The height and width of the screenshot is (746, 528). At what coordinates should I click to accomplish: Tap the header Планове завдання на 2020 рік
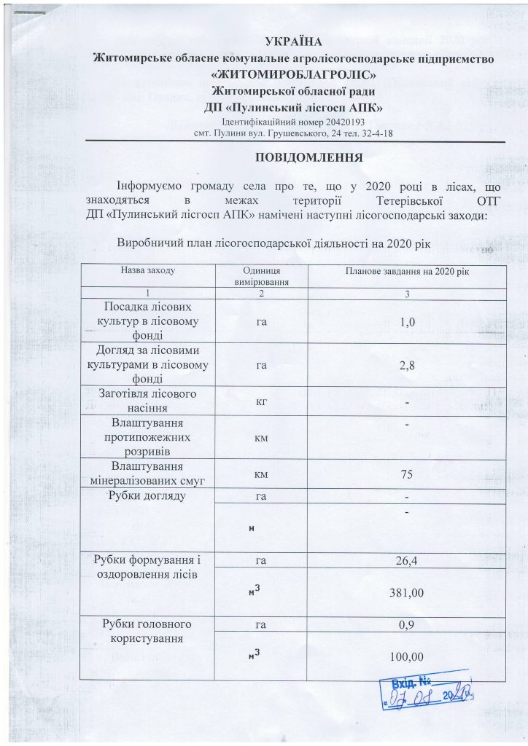click(407, 271)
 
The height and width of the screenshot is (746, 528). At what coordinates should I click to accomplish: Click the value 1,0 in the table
click(407, 321)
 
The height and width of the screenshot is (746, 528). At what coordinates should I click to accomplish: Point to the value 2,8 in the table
click(407, 366)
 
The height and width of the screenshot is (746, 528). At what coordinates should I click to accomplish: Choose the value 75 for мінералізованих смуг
click(407, 474)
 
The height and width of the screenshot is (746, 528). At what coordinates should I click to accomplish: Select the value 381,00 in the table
click(407, 593)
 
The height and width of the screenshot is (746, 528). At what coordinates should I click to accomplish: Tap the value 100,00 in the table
click(407, 658)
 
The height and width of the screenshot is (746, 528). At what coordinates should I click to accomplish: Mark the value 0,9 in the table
click(407, 625)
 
